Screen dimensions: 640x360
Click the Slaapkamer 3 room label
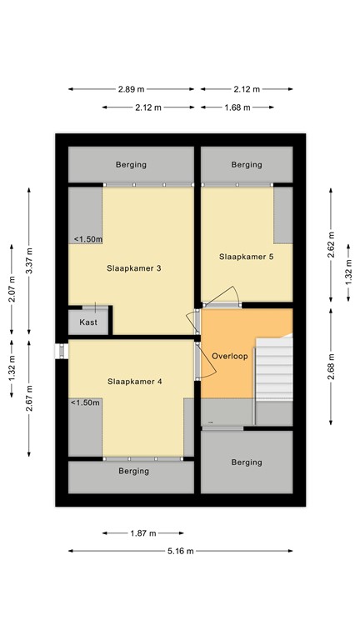133,268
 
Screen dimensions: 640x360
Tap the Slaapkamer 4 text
134,381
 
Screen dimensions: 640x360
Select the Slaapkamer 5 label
246,257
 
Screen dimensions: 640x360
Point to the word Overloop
231,355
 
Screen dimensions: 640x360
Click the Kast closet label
88,322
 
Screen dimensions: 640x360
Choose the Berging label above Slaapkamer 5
247,165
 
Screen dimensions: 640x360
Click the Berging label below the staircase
247,462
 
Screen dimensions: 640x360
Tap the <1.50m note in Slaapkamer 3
87,239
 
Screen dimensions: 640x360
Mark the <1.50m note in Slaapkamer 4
85,402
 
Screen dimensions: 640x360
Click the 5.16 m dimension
180,551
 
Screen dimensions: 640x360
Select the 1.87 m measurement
142,533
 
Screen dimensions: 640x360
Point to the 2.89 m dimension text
132,89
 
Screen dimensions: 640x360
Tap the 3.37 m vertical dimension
29,261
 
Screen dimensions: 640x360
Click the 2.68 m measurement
331,367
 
